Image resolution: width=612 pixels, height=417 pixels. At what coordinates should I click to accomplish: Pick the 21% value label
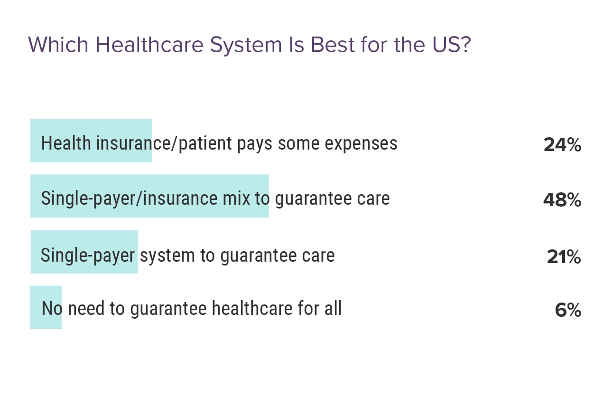click(564, 257)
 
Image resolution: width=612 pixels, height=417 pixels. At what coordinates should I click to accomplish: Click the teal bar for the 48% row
click(149, 196)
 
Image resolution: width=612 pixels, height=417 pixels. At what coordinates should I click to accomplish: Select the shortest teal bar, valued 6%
click(46, 307)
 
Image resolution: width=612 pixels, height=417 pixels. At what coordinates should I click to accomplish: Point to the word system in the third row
click(168, 256)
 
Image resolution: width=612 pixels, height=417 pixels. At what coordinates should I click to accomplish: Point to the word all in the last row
click(333, 309)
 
